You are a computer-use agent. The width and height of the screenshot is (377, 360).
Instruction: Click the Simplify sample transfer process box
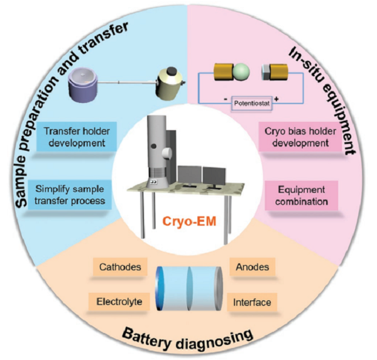pyautogui.click(x=77, y=194)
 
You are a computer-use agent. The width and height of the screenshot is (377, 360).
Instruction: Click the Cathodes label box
pyautogui.click(x=118, y=267)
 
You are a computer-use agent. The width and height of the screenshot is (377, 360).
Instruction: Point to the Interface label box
pyautogui.click(x=252, y=302)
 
